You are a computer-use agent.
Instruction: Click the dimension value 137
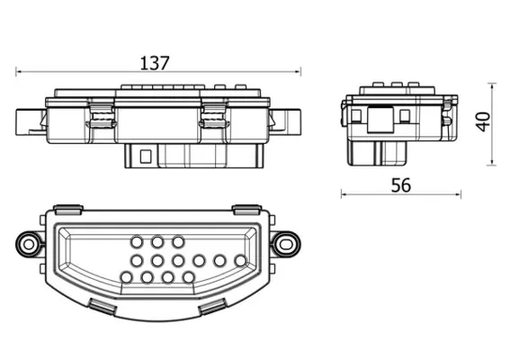(156, 63)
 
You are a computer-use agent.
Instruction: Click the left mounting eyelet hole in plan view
(29, 244)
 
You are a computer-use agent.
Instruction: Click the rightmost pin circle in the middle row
(240, 261)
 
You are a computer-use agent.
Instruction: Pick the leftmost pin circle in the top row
(137, 242)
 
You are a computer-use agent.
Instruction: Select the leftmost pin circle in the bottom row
(126, 277)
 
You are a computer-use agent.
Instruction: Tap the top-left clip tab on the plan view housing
(68, 210)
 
